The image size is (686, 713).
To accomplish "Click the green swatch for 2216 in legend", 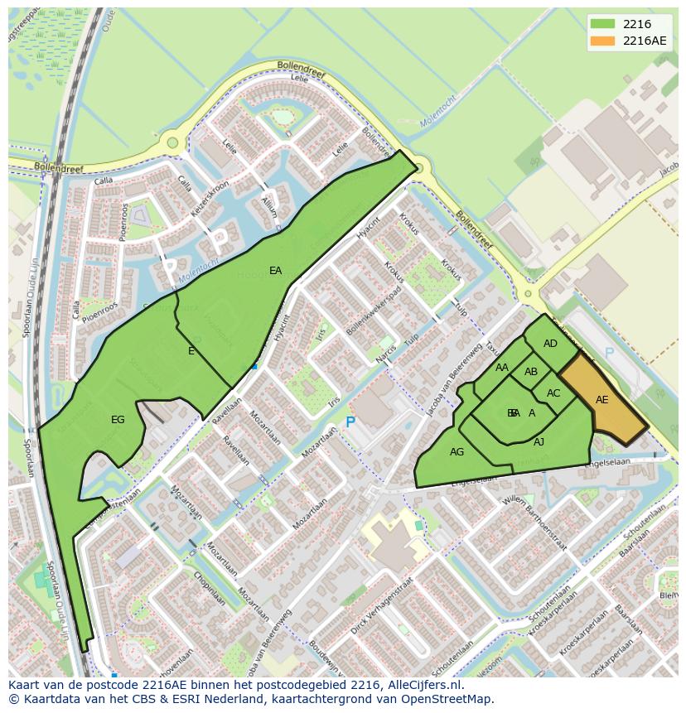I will tap(603, 25).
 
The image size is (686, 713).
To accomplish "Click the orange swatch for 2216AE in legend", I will tap(603, 41).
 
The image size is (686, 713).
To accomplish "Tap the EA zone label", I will tap(276, 271).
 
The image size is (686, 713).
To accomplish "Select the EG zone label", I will tap(118, 420).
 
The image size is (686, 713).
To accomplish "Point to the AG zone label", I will tap(457, 452).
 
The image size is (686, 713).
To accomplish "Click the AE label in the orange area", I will tap(602, 400).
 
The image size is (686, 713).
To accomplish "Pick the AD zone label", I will tap(550, 344).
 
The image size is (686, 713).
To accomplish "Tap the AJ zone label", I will tap(539, 442).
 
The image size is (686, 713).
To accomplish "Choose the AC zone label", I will tap(553, 393).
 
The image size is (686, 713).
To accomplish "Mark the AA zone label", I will tap(502, 368).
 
